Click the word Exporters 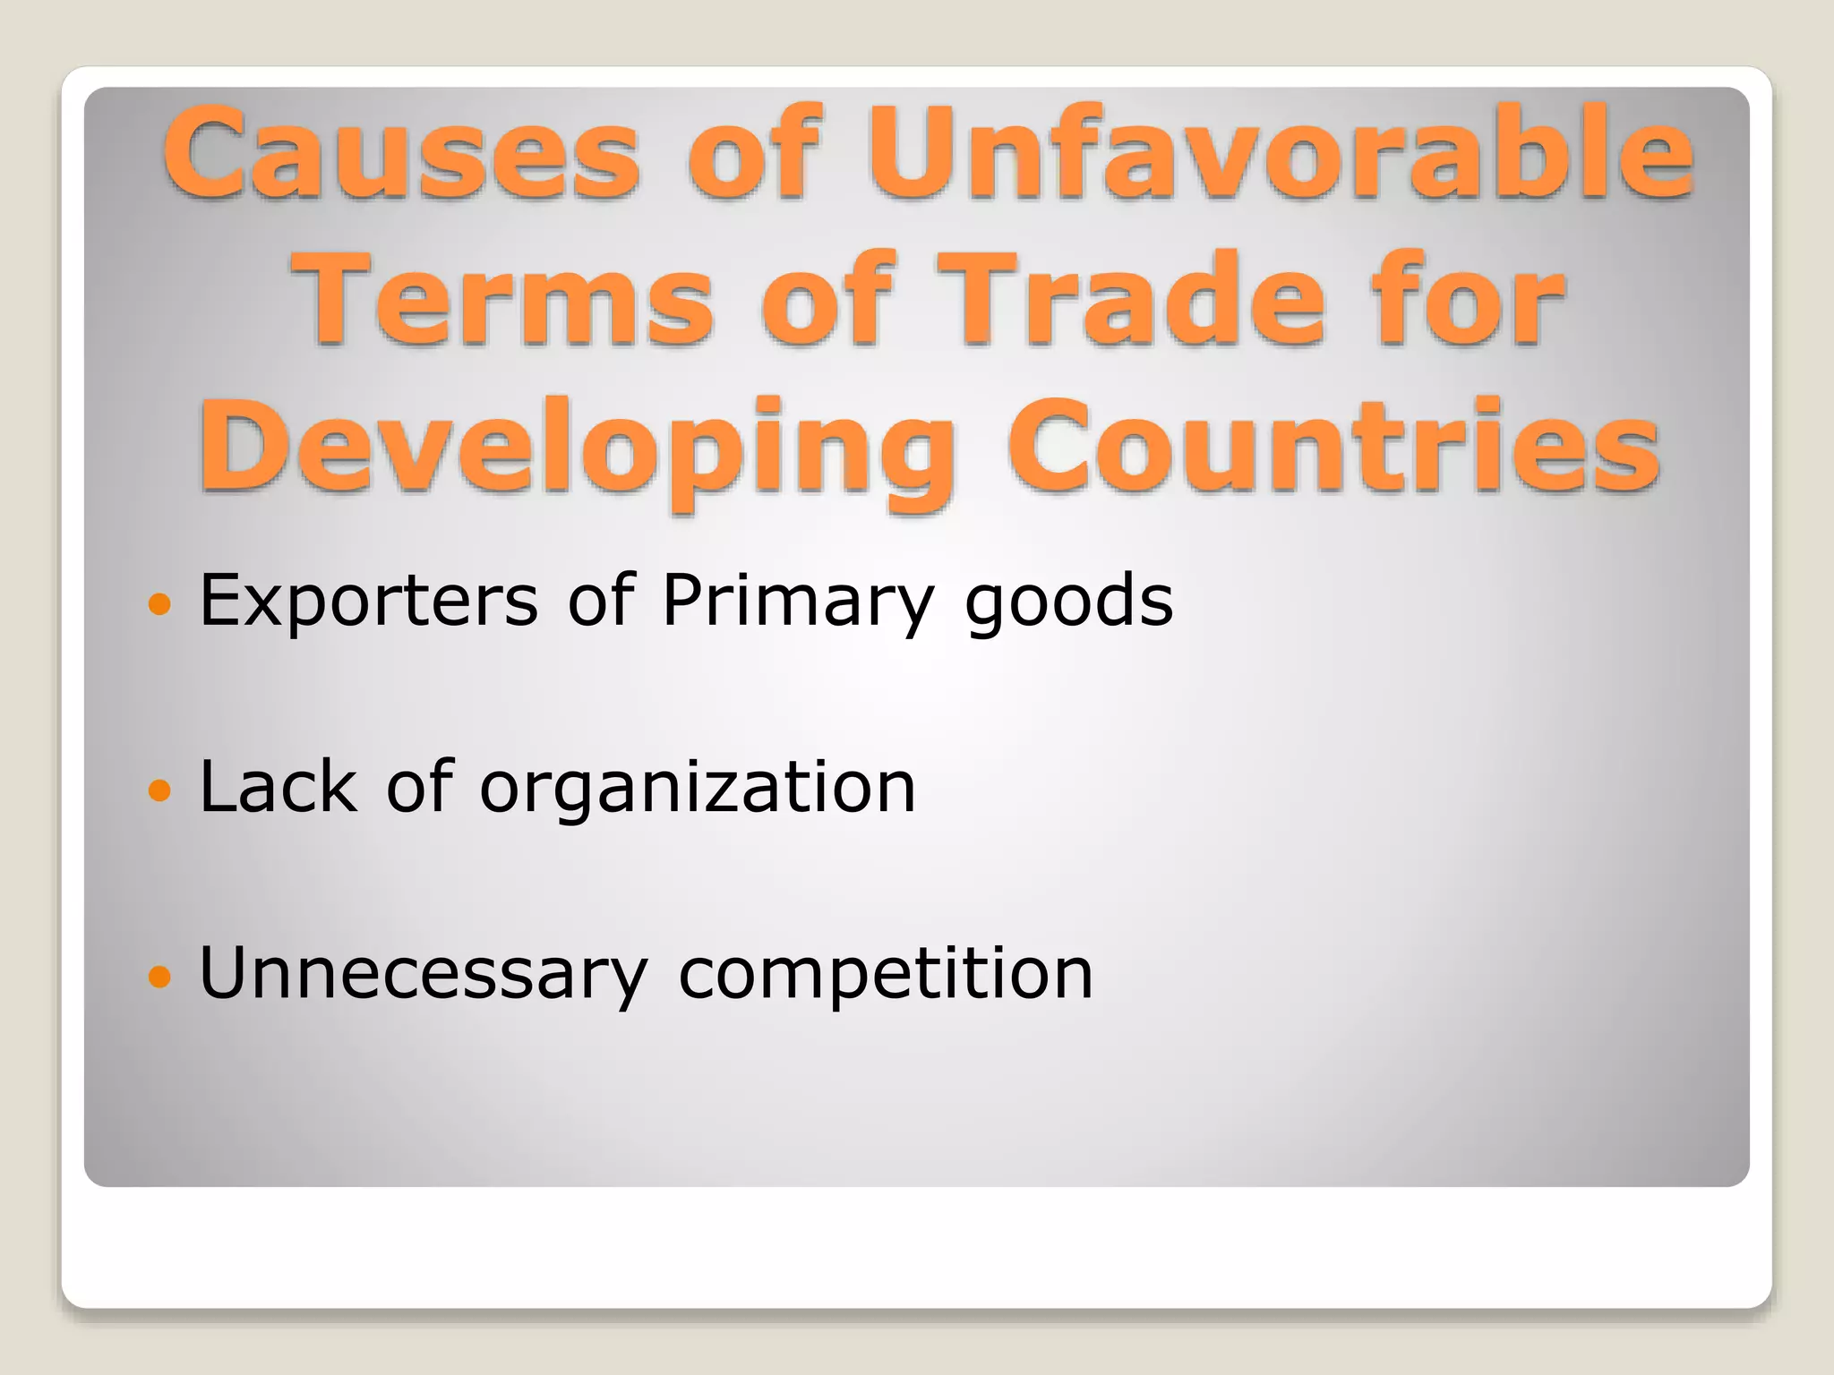[368, 601]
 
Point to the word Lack [278, 787]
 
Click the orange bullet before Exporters [159, 604]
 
